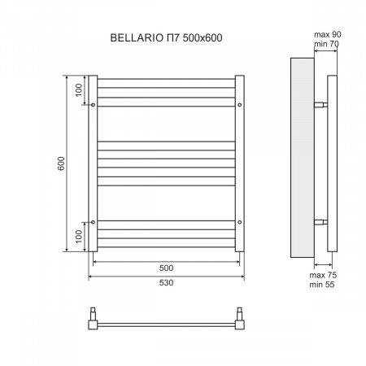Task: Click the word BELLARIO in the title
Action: (x=133, y=37)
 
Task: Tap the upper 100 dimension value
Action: (x=80, y=90)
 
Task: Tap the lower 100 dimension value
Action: (x=80, y=236)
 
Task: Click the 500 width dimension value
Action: (x=165, y=267)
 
